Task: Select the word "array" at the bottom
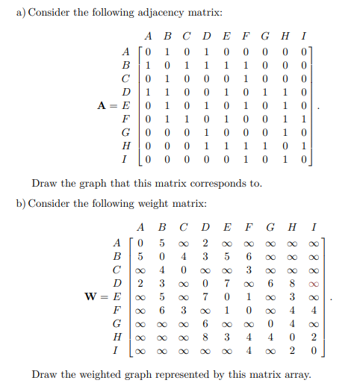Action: [297, 373]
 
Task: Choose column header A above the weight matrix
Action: [141, 226]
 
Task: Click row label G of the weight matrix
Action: [119, 325]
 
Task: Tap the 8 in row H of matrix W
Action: [204, 337]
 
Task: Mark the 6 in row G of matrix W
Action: [204, 325]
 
